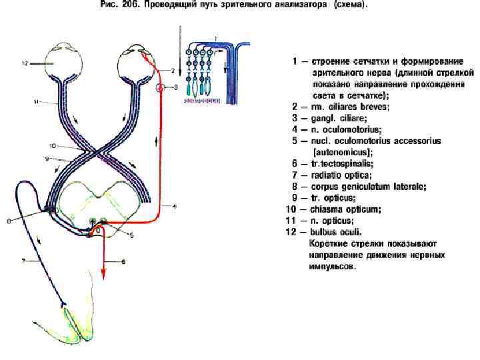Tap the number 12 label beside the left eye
(24, 63)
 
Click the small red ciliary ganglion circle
(160, 87)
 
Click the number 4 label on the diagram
(175, 207)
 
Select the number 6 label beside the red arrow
(122, 262)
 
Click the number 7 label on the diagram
(23, 262)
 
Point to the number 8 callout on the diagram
(8, 223)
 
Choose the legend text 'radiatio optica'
(342, 175)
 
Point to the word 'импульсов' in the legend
(333, 266)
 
